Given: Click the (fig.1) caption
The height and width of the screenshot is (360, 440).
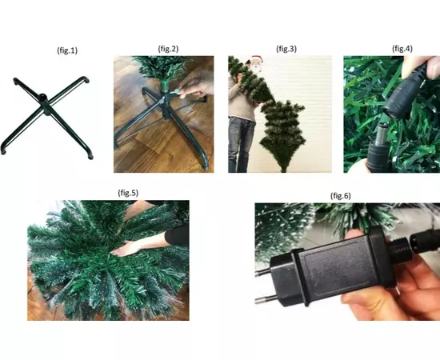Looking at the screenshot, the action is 67,50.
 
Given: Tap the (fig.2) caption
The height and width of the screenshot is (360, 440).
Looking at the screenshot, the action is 168,49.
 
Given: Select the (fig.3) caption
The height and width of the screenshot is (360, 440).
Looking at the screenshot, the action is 286,49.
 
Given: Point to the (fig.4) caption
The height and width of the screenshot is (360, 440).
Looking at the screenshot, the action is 402,49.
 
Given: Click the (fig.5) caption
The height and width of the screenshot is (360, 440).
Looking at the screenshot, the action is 128,193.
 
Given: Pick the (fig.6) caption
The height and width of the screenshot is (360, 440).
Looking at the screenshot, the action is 341,195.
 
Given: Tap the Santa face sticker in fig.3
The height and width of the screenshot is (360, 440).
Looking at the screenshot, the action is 256,64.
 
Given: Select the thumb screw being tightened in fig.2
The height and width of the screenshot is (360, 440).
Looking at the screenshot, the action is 176,91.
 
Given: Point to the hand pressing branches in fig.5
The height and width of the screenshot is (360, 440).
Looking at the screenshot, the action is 125,249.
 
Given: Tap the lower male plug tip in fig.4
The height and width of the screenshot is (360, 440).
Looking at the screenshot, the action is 382,132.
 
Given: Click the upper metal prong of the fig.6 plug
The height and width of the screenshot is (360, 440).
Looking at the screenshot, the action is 262,271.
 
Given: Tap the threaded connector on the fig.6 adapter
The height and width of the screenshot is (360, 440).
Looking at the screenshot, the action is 398,249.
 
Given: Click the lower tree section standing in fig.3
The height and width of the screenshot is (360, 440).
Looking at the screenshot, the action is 282,135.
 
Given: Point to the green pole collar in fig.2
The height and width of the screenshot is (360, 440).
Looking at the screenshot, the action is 166,86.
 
